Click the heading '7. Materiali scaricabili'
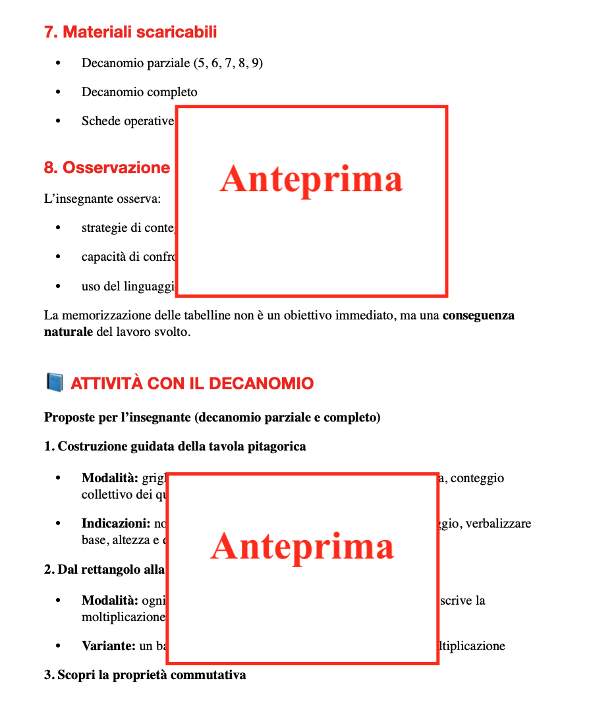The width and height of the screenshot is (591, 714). click(x=130, y=32)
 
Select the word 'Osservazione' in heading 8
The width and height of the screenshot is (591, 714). click(x=116, y=168)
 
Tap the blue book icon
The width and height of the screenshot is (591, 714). click(x=54, y=383)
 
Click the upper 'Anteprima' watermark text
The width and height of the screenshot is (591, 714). click(x=311, y=179)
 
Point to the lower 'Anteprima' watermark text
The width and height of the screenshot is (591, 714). click(x=302, y=546)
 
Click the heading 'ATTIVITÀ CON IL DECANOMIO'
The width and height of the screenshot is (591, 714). click(x=192, y=383)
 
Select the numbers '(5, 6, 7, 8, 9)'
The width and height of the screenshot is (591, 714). click(x=228, y=63)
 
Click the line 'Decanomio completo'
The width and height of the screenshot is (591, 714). click(x=139, y=92)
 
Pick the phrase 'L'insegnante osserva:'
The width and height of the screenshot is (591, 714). click(x=102, y=199)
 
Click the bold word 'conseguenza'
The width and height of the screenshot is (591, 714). click(x=478, y=316)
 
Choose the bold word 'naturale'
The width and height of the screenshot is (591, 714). click(x=69, y=332)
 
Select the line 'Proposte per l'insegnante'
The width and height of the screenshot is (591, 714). click(x=212, y=418)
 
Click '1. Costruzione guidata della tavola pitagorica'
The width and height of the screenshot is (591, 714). click(x=175, y=447)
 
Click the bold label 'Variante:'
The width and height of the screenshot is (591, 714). click(x=109, y=646)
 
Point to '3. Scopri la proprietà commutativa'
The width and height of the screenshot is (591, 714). click(x=145, y=675)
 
